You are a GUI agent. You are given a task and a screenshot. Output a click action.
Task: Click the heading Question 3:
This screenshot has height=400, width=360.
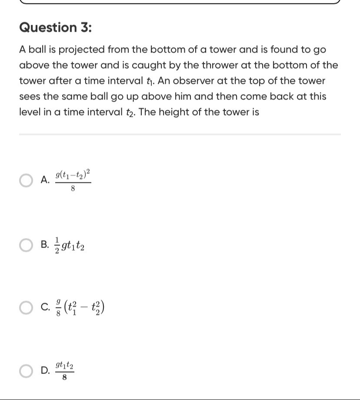click(x=56, y=27)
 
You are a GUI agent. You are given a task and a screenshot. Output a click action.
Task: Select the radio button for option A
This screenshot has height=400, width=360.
click(x=26, y=180)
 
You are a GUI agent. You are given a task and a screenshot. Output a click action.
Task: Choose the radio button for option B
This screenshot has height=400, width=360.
click(x=26, y=245)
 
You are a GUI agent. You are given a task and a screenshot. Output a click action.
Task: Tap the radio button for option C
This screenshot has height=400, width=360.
click(x=26, y=308)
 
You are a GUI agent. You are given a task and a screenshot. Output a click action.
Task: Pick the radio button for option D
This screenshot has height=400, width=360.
click(x=26, y=371)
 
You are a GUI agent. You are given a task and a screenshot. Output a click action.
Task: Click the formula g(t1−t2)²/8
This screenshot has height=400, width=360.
click(x=73, y=181)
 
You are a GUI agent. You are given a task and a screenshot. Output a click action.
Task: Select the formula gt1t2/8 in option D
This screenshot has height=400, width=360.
click(x=64, y=371)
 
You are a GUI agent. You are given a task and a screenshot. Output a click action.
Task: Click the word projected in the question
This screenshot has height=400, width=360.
click(x=82, y=50)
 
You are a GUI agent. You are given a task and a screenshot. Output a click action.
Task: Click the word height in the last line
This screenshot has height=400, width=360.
click(x=174, y=112)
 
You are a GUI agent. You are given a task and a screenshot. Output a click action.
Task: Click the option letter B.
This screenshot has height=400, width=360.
click(x=44, y=245)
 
